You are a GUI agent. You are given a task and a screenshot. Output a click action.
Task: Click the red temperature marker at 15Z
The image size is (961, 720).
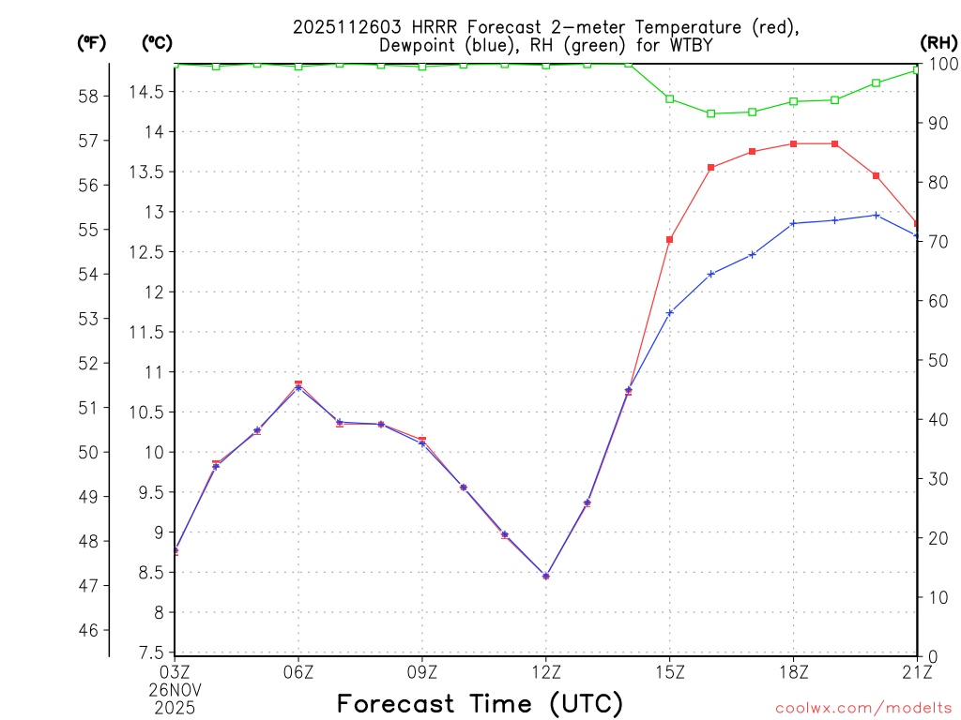tap(670, 240)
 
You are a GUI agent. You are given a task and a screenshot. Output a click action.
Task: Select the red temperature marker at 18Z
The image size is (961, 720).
tap(794, 143)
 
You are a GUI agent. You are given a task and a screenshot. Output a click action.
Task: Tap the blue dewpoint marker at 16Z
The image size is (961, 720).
tap(711, 274)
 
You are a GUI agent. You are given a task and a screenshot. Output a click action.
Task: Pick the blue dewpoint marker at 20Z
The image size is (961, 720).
tap(877, 215)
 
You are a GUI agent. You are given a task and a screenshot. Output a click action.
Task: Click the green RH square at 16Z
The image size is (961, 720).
tap(711, 113)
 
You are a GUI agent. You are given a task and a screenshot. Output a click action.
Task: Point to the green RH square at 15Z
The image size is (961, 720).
tap(670, 98)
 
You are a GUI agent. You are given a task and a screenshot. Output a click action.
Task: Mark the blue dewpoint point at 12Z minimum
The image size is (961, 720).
tap(546, 576)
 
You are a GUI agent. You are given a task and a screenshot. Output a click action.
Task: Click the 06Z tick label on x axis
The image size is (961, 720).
tap(298, 671)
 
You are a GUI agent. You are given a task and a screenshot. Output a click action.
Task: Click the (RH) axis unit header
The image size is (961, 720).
tap(938, 42)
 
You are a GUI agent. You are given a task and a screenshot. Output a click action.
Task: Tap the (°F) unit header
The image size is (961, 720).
tap(92, 42)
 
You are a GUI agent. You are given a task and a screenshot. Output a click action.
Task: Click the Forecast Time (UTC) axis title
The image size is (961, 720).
tap(480, 703)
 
